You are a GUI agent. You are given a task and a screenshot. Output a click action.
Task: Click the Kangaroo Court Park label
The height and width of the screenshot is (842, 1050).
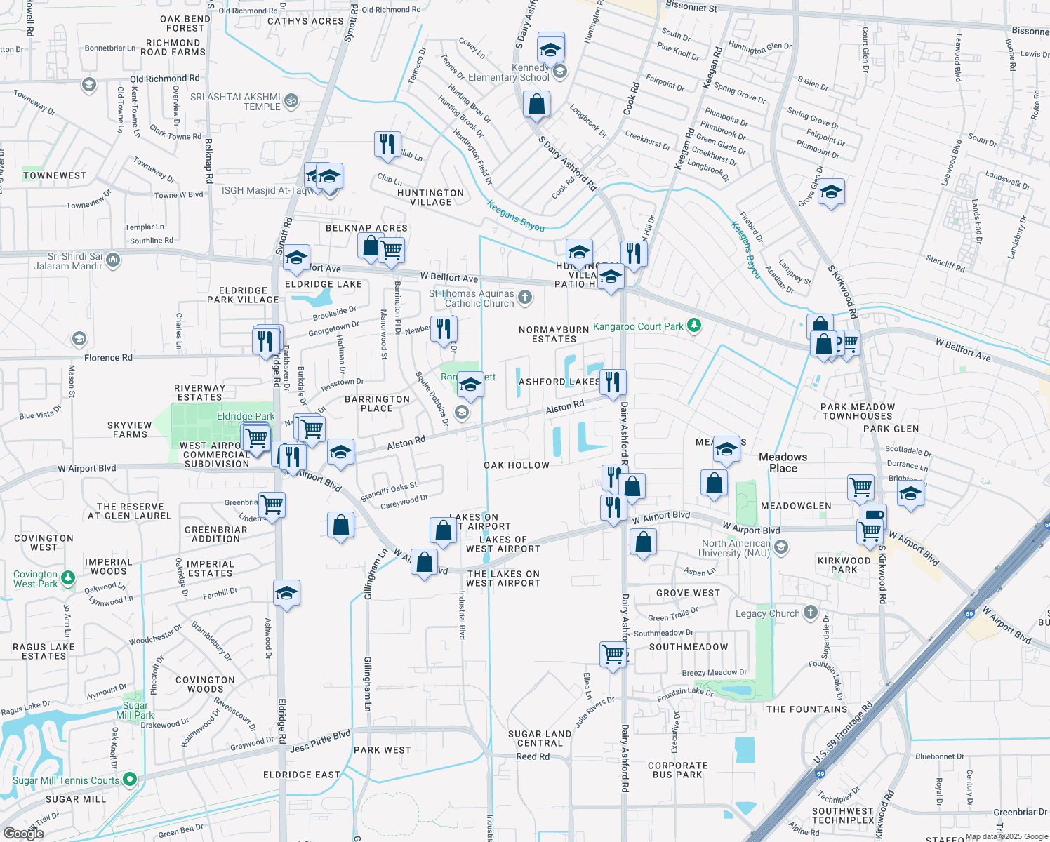(x=638, y=326)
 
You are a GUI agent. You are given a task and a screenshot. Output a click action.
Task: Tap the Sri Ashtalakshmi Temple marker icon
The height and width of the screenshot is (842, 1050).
(x=291, y=101)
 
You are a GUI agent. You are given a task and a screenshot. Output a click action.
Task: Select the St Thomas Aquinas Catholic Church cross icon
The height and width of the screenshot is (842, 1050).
(x=525, y=298)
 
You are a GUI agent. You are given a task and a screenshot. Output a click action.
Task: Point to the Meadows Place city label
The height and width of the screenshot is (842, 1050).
(x=783, y=462)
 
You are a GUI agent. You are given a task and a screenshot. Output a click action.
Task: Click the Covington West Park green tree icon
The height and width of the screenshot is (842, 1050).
(x=68, y=578)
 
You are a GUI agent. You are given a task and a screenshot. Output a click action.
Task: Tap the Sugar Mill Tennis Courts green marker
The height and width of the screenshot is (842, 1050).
(x=130, y=780)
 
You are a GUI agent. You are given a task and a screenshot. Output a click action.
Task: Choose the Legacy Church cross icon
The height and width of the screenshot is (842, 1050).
(x=811, y=613)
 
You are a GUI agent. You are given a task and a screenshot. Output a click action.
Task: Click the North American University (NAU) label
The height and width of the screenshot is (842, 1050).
(x=736, y=548)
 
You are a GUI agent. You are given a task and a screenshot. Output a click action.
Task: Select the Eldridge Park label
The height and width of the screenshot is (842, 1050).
(x=246, y=416)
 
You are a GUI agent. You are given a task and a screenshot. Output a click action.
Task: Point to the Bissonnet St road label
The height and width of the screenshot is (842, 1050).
(x=691, y=8)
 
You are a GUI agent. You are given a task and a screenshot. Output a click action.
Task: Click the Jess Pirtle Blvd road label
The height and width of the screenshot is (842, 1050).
(x=320, y=741)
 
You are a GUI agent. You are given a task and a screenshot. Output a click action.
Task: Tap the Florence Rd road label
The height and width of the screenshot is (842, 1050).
(x=108, y=358)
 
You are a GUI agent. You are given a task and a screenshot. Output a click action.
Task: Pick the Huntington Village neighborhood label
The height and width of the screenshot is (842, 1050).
(x=430, y=197)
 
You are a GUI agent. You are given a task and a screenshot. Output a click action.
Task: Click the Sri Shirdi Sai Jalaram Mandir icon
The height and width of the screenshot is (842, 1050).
(x=113, y=261)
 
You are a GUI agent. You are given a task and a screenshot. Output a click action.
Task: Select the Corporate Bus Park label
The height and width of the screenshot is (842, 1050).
(x=678, y=770)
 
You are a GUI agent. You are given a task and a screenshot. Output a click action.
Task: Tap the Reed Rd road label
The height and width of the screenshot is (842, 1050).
(x=533, y=756)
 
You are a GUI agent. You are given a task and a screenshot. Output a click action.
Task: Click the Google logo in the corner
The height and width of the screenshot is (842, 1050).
(x=23, y=834)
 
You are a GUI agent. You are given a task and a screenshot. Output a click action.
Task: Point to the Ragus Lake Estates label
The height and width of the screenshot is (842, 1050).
(x=44, y=651)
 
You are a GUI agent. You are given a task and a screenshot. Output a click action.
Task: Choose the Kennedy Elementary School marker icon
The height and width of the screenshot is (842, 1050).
(x=559, y=71)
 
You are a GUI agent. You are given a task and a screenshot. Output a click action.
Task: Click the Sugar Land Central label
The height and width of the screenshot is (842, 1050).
(x=540, y=738)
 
